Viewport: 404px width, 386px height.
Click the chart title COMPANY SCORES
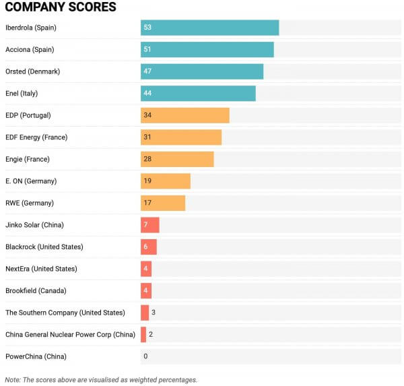61,7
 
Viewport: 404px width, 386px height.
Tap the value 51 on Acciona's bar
147,50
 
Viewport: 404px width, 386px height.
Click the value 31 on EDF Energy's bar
147,137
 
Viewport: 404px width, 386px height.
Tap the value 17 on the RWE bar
147,203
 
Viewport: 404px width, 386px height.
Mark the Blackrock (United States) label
44,247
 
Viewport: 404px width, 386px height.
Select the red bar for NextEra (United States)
146,269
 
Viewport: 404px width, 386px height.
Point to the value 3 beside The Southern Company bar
154,313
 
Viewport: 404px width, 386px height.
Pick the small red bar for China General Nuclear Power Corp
143,334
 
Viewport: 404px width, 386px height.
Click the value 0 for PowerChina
145,356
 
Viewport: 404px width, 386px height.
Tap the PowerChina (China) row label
36,356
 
